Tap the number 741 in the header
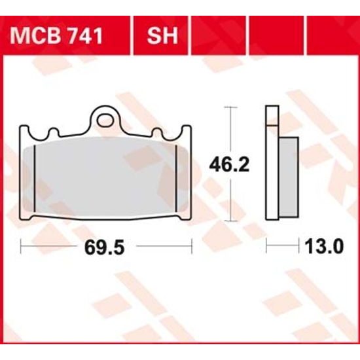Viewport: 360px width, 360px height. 84,35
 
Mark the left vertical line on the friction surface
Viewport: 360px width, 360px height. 35,179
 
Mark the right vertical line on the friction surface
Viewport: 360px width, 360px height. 179,179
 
